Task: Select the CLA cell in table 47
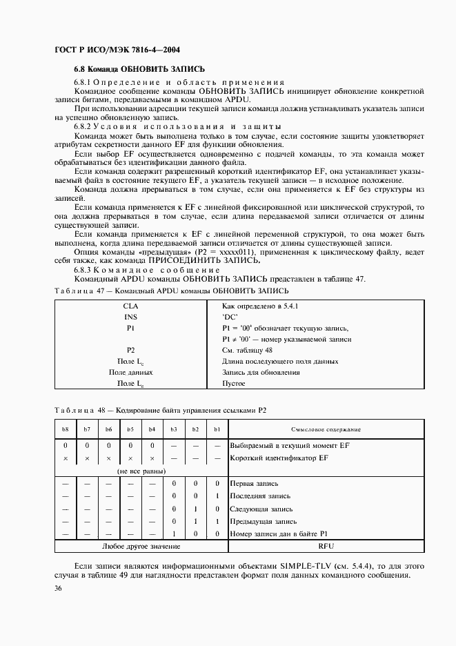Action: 130,306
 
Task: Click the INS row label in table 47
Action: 130,317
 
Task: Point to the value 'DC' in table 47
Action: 230,317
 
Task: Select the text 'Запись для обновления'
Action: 261,373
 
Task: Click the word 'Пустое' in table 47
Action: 234,384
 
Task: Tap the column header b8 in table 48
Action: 66,430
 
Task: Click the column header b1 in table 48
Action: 217,430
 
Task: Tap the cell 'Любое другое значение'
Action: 141,547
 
